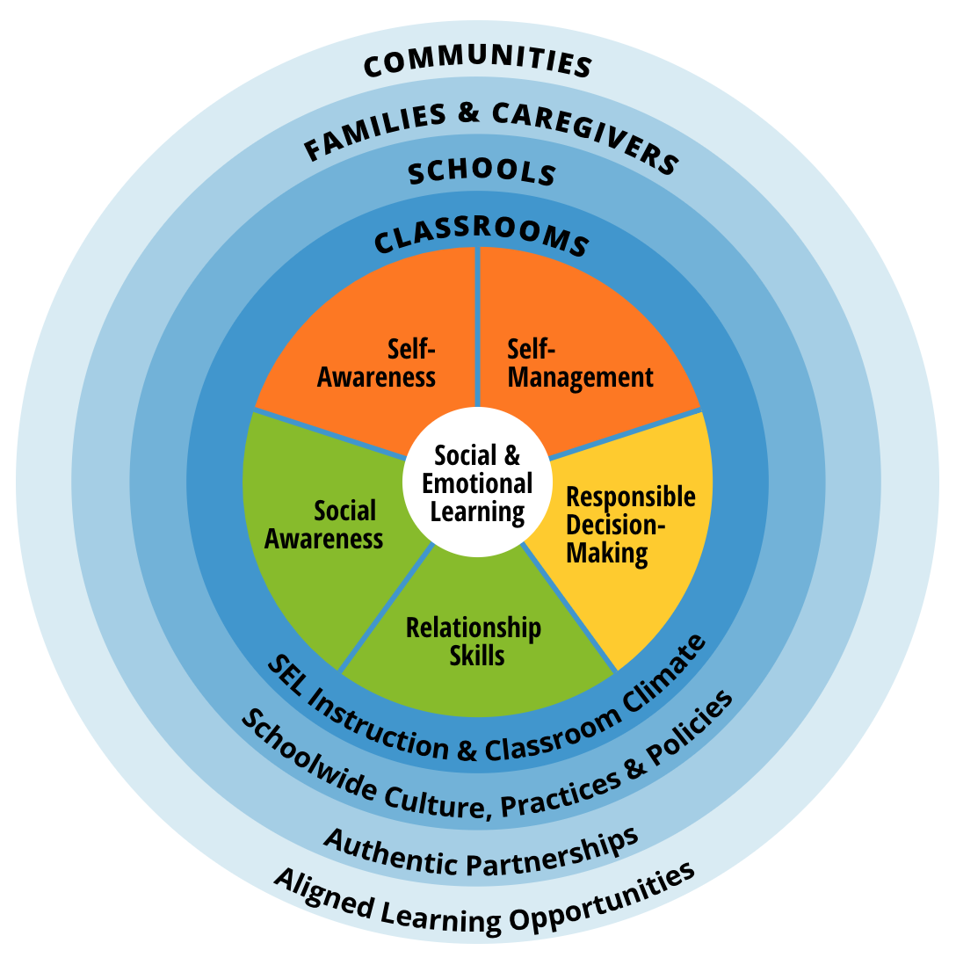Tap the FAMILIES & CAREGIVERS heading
pos(492,132)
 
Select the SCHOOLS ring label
pos(482,172)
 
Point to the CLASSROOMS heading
pos(480,236)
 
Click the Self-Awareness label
pos(377,363)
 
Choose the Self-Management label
pos(580,363)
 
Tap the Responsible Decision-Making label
pos(629,525)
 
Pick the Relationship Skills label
pos(474,642)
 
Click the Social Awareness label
pos(324,525)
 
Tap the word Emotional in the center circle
pos(477,483)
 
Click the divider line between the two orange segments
pos(477,325)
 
